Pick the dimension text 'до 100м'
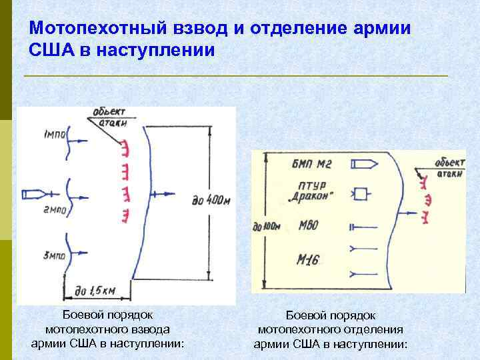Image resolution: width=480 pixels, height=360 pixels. tap(267, 227)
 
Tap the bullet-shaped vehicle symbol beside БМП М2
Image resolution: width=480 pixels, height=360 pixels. tap(363, 164)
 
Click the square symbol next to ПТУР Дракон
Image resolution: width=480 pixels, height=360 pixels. tap(361, 194)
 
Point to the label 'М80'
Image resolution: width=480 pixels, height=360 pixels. tap(308, 226)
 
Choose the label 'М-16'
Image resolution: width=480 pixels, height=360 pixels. tap(307, 260)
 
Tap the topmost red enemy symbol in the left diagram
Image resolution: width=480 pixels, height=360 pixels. tap(124, 147)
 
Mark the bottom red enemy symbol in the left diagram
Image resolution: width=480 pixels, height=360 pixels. tap(124, 215)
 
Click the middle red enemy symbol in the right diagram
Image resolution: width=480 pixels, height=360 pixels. tap(427, 198)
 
